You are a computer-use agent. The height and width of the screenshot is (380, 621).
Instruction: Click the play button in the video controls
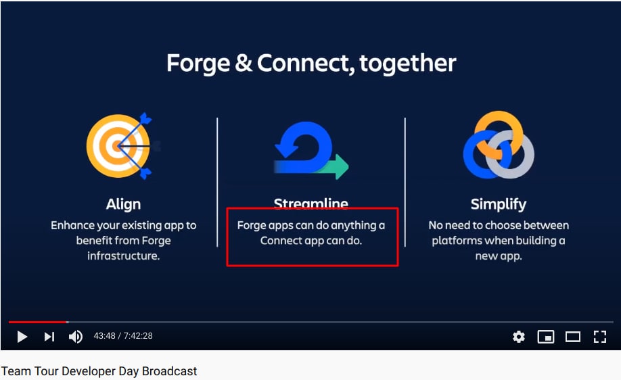pyautogui.click(x=22, y=337)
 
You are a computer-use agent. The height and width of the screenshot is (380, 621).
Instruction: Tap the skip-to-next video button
pyautogui.click(x=49, y=337)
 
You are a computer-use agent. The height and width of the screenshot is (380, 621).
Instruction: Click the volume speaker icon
pyautogui.click(x=76, y=337)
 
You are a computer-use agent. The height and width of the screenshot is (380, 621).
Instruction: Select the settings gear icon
pyautogui.click(x=519, y=337)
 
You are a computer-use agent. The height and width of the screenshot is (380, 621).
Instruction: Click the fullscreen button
pyautogui.click(x=600, y=337)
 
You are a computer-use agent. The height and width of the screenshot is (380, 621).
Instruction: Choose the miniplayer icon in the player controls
pyautogui.click(x=546, y=337)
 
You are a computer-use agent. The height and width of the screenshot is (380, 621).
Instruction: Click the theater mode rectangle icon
pyautogui.click(x=573, y=337)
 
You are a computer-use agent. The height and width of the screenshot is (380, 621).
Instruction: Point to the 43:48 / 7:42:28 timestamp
pyautogui.click(x=123, y=336)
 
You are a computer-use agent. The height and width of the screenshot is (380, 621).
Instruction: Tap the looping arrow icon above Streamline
pyautogui.click(x=311, y=150)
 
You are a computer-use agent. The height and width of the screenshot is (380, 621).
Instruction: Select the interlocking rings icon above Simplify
pyautogui.click(x=499, y=145)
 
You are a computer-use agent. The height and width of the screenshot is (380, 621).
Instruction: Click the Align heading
pyautogui.click(x=123, y=204)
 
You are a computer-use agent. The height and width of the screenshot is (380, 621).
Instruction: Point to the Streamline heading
pyautogui.click(x=311, y=203)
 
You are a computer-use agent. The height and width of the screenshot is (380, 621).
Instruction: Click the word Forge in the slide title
pyautogui.click(x=198, y=64)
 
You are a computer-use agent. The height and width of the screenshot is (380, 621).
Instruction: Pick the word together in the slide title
pyautogui.click(x=408, y=64)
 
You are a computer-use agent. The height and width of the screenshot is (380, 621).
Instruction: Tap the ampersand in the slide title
pyautogui.click(x=244, y=64)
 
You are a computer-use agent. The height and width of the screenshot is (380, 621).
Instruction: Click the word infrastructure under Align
pyautogui.click(x=124, y=256)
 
